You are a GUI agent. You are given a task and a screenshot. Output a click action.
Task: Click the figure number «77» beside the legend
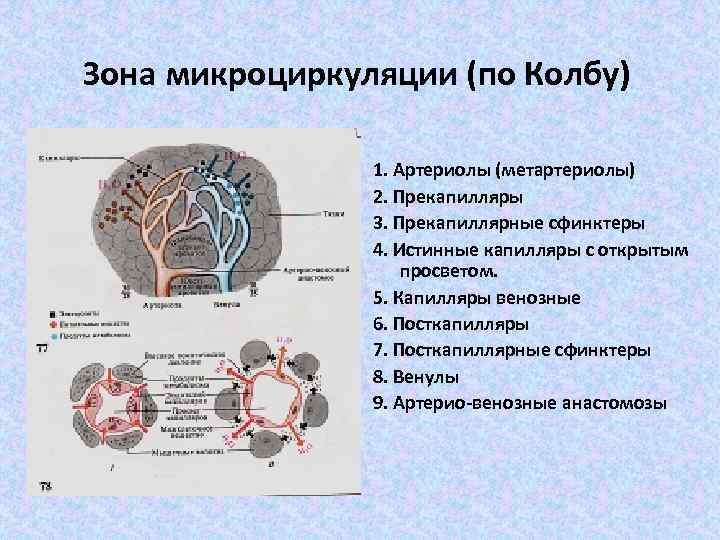42,348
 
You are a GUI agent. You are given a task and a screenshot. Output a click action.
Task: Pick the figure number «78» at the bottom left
44,485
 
